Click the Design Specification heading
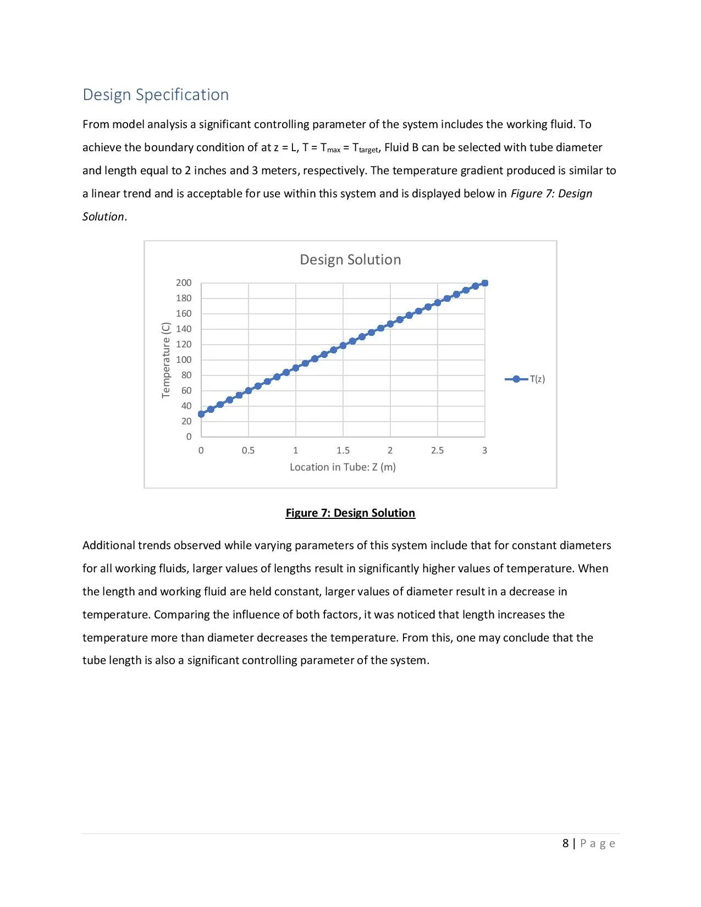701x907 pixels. [156, 95]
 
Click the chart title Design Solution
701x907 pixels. [350, 259]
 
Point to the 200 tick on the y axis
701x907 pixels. [184, 283]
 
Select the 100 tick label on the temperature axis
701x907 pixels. [184, 360]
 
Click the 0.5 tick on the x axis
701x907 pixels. [248, 450]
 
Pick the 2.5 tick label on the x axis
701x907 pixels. [437, 450]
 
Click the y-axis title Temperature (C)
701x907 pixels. [165, 360]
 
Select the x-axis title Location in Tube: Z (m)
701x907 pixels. [343, 467]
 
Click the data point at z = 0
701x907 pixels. [201, 414]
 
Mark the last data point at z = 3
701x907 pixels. [485, 283]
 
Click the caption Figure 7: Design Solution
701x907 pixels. [350, 513]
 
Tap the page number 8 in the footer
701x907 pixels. [566, 843]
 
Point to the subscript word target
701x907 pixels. [369, 150]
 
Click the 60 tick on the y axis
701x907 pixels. [186, 390]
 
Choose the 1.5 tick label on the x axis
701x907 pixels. [343, 450]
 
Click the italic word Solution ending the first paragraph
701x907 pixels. [103, 217]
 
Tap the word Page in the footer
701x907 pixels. [598, 843]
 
